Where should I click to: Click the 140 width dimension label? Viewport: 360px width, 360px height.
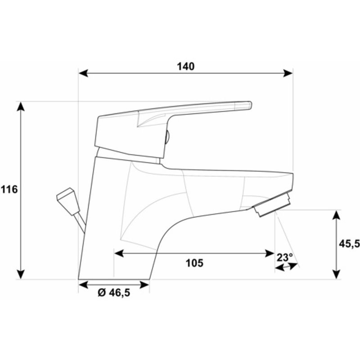185,66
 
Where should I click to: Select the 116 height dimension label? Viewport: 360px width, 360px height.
9,189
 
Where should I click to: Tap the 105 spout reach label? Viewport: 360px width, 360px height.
194,263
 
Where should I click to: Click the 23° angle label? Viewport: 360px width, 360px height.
285,257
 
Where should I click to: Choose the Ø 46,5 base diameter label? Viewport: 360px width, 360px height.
114,292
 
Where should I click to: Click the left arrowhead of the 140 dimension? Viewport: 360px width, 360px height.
83,73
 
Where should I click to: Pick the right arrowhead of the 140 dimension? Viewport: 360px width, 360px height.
288,73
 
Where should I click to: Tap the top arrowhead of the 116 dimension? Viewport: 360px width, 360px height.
21,107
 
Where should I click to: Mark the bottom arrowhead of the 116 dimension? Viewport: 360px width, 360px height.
21,274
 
